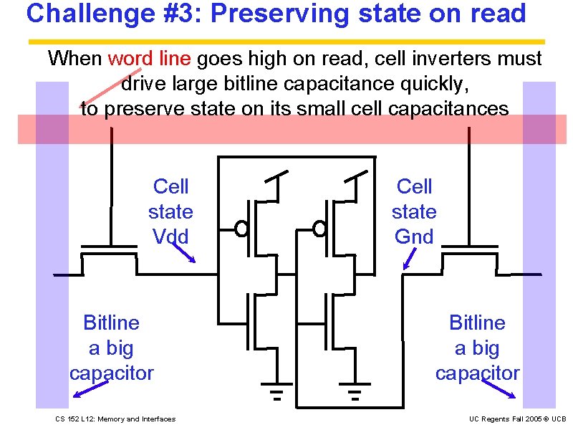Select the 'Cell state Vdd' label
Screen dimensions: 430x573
coord(170,211)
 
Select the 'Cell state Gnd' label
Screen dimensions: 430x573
coord(414,211)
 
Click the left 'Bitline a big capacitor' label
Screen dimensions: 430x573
coord(111,348)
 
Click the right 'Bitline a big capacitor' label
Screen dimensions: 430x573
coord(477,348)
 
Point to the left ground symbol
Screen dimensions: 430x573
coord(276,393)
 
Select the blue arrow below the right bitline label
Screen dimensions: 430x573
coord(499,388)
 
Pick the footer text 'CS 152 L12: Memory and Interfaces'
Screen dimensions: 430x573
coord(115,419)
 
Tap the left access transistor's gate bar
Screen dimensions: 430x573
coord(109,247)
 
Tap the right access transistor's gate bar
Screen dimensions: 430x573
coord(470,247)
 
